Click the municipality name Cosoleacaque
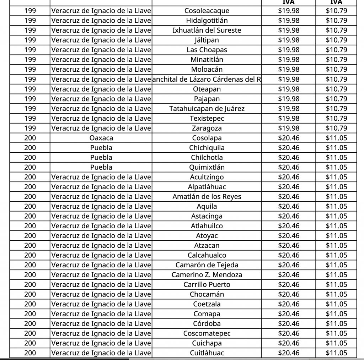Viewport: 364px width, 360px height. click(x=207, y=11)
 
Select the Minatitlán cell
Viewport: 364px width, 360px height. click(x=207, y=60)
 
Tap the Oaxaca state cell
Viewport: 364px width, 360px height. click(x=101, y=138)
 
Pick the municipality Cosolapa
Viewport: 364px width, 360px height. click(x=207, y=138)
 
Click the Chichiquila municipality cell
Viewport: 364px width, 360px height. click(x=207, y=148)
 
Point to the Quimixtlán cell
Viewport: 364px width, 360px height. click(x=207, y=167)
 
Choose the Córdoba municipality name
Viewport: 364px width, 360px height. click(x=207, y=323)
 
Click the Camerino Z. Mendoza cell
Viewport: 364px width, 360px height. click(x=207, y=275)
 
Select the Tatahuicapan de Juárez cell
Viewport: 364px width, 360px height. click(x=207, y=109)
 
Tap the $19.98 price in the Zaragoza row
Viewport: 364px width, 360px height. click(x=289, y=128)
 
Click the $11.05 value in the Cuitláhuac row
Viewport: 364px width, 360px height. click(x=336, y=353)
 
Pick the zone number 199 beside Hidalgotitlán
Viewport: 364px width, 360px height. click(x=30, y=21)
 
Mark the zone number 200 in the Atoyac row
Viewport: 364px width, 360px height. click(x=30, y=236)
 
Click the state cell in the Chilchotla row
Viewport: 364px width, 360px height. click(x=101, y=157)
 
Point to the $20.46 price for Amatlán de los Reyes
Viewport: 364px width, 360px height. click(x=289, y=197)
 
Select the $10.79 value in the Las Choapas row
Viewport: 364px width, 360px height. click(x=336, y=50)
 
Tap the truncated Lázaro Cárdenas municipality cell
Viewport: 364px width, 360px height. click(x=207, y=79)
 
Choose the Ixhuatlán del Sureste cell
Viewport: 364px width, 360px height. click(x=207, y=30)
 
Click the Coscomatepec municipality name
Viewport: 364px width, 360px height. click(x=207, y=333)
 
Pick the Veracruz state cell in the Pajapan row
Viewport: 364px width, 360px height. click(x=101, y=99)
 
